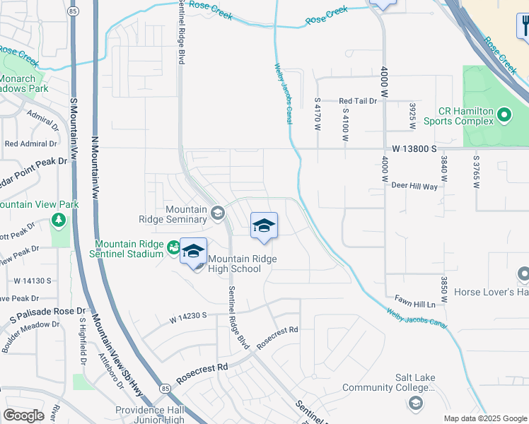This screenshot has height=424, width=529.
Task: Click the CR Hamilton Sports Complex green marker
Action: pos(504,113)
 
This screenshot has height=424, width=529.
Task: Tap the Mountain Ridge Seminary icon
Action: pos(218,211)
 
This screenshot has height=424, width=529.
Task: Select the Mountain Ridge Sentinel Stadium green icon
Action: pos(173,247)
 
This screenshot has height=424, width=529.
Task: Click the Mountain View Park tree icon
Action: pos(59,220)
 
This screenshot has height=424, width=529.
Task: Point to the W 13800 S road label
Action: pos(414,149)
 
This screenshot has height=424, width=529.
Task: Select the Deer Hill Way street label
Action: pos(414,185)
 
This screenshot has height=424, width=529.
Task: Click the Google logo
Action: pos(24,416)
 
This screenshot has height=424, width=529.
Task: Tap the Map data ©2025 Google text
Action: pos(484,418)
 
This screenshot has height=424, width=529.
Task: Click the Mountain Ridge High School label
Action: pos(242,264)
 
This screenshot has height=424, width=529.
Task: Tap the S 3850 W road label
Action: pos(443,290)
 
